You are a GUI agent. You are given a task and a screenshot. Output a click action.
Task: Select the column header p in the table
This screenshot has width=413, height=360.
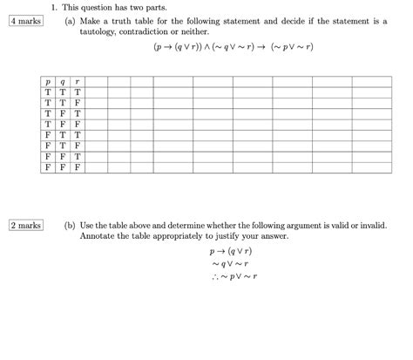(48, 82)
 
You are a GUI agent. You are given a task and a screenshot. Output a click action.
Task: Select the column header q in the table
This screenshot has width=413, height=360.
(63, 82)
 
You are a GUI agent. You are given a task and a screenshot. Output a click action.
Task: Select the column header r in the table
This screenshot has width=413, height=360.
(78, 82)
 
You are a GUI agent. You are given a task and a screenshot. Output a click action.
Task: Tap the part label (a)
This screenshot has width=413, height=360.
(70, 20)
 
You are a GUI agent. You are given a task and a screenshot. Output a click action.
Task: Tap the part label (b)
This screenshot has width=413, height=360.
(70, 224)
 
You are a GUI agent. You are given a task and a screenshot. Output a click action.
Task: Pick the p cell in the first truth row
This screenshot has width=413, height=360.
(48, 92)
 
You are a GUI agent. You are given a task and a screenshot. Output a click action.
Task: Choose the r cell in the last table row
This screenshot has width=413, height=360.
(78, 166)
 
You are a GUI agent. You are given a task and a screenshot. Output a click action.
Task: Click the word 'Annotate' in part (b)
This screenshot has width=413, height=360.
(98, 235)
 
